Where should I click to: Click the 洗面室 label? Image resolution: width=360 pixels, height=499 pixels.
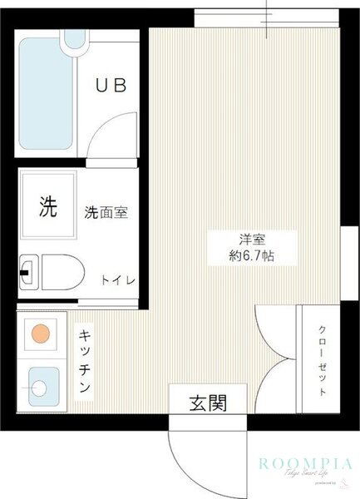105,213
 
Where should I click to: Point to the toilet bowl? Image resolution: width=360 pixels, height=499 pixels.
62,271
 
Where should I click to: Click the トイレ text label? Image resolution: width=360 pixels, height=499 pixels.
118,280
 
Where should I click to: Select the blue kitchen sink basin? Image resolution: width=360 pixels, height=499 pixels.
39,386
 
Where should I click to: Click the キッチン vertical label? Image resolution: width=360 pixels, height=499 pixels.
86,362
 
